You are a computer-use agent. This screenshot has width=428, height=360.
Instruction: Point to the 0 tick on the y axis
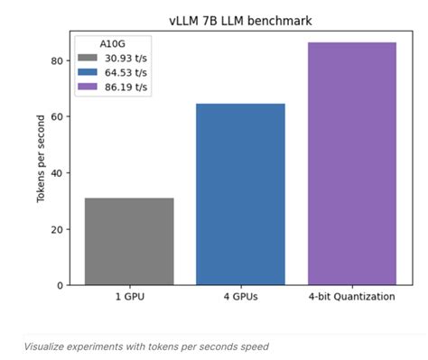[59, 285]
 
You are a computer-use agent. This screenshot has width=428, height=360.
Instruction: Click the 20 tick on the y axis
[56, 229]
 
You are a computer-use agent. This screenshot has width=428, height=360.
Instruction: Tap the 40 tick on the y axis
[56, 172]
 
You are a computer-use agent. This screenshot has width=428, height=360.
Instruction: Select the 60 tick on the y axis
[56, 116]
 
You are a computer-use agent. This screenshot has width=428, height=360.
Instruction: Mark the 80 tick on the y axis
[56, 60]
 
